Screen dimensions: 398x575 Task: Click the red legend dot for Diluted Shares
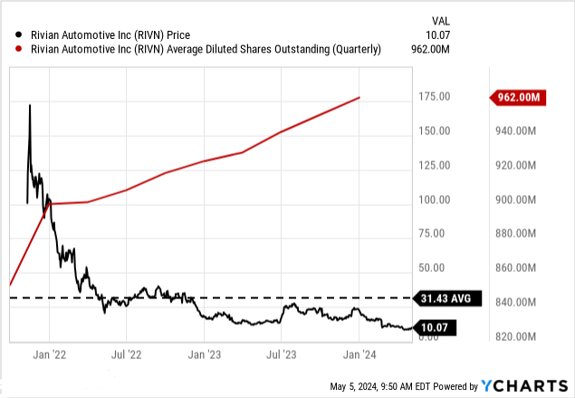coord(9,49)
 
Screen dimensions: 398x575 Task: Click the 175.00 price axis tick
coord(436,97)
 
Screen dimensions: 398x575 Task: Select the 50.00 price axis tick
coord(438,268)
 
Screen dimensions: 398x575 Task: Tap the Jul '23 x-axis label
coord(283,354)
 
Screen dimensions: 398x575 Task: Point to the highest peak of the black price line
coord(30,105)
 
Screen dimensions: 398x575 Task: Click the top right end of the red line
coord(360,97)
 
